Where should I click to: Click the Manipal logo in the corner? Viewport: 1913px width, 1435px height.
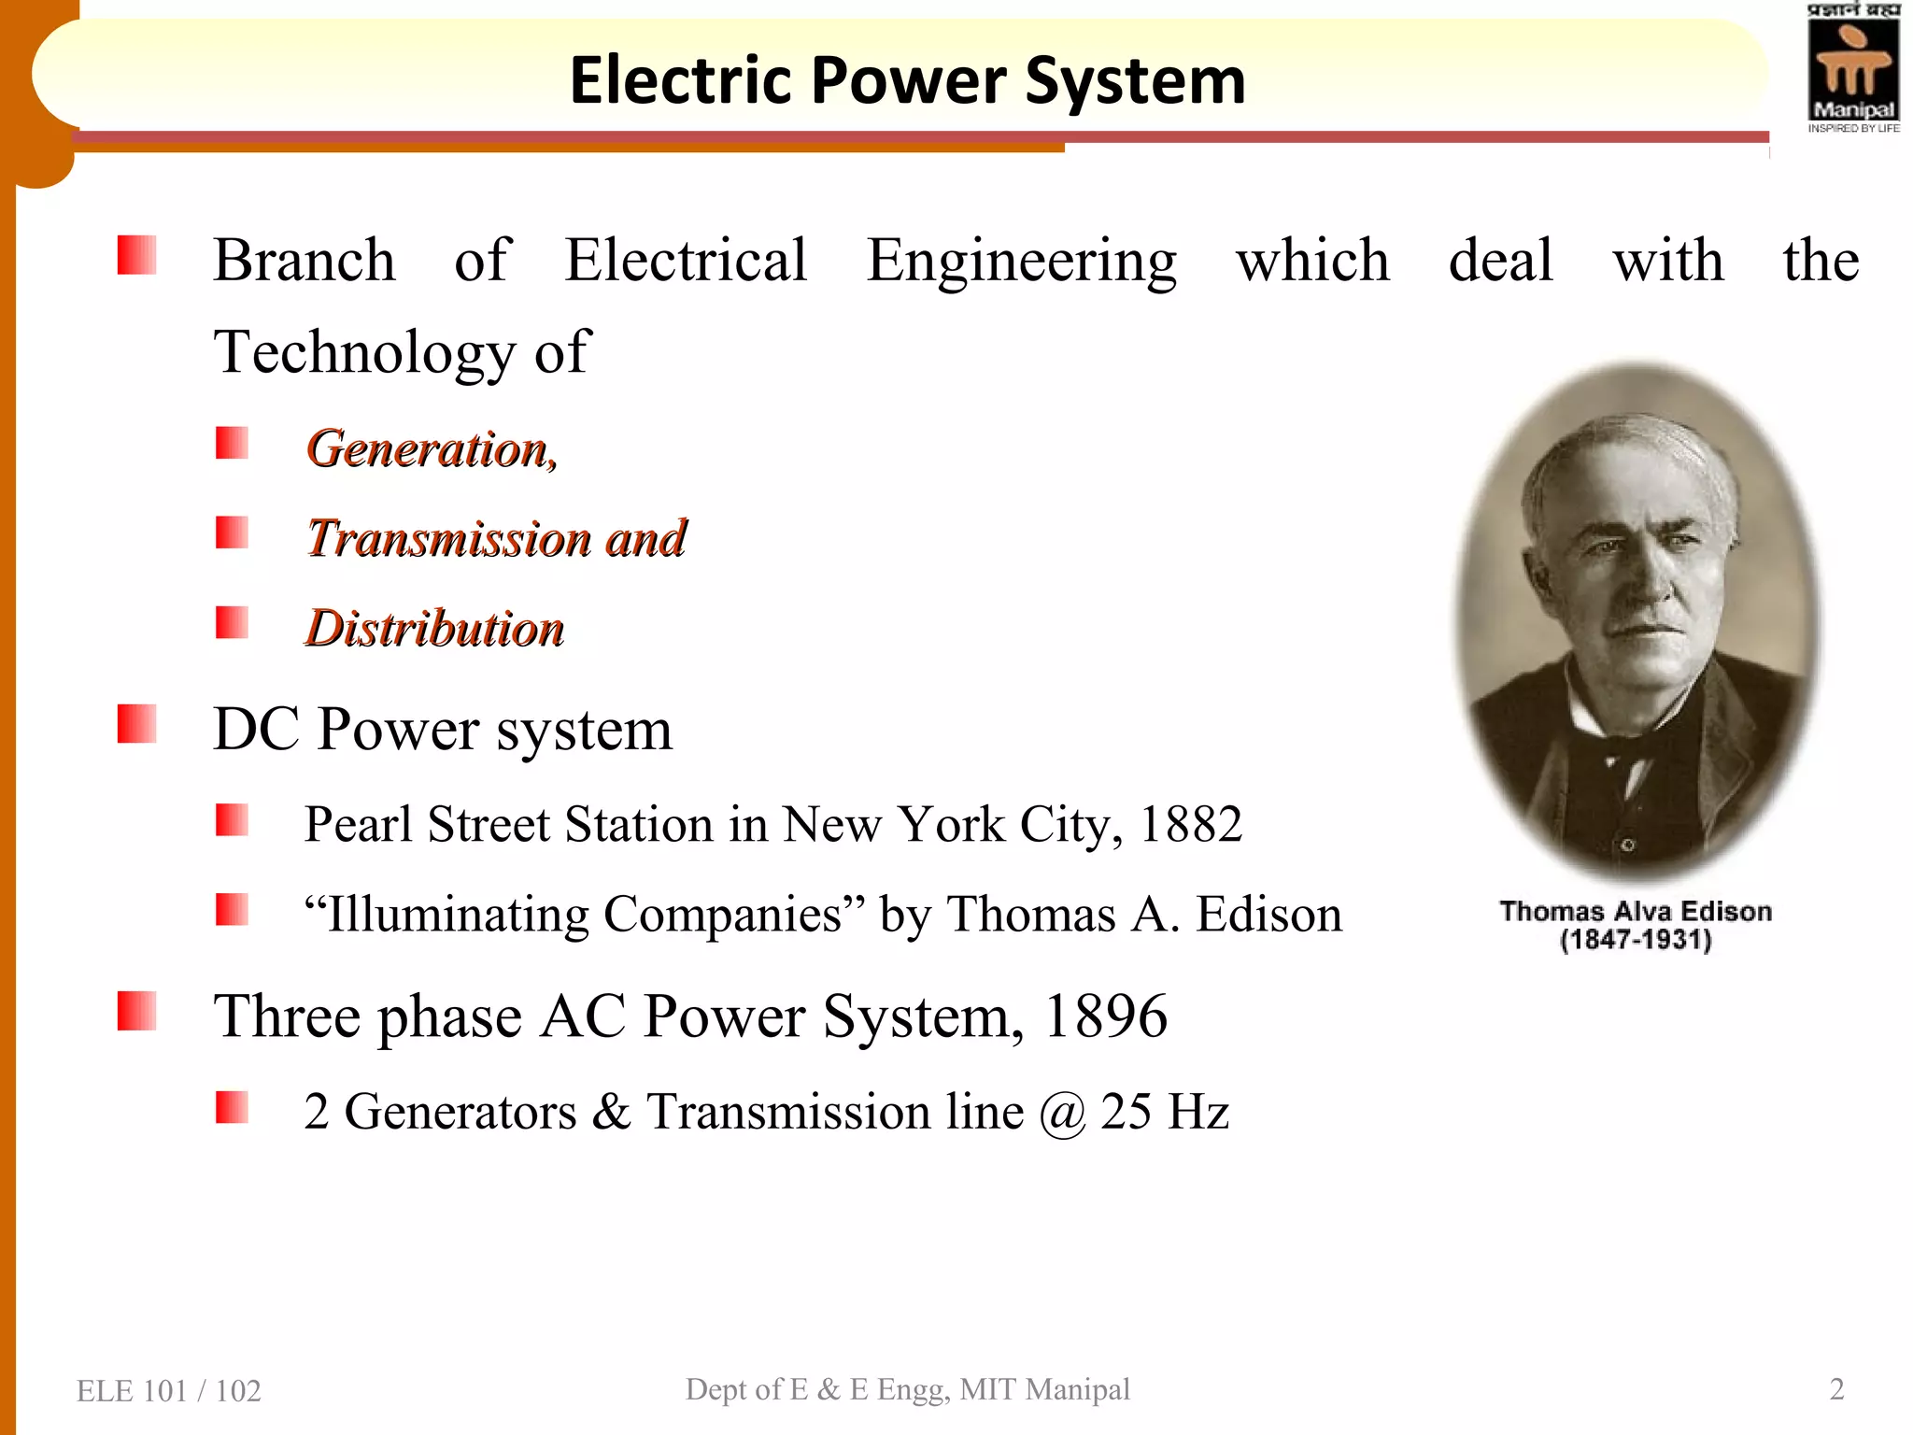(1853, 69)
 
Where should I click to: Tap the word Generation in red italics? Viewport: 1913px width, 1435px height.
(428, 449)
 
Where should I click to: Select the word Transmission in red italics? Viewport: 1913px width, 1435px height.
(449, 539)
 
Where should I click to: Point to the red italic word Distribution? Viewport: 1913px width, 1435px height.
(435, 629)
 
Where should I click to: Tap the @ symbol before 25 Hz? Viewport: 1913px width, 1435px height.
(1063, 1113)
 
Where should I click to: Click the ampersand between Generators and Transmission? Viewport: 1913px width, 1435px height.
(612, 1112)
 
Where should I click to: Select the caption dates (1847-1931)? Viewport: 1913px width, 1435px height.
(1636, 940)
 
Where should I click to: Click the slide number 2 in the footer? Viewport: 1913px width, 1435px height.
(1836, 1389)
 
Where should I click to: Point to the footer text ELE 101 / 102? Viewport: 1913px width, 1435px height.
(169, 1391)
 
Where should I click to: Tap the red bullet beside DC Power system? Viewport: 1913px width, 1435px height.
(136, 724)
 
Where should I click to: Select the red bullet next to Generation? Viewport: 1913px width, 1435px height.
(232, 443)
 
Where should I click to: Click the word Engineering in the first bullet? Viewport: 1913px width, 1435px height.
(1021, 262)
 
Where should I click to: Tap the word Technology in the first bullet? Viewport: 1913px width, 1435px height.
(364, 353)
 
